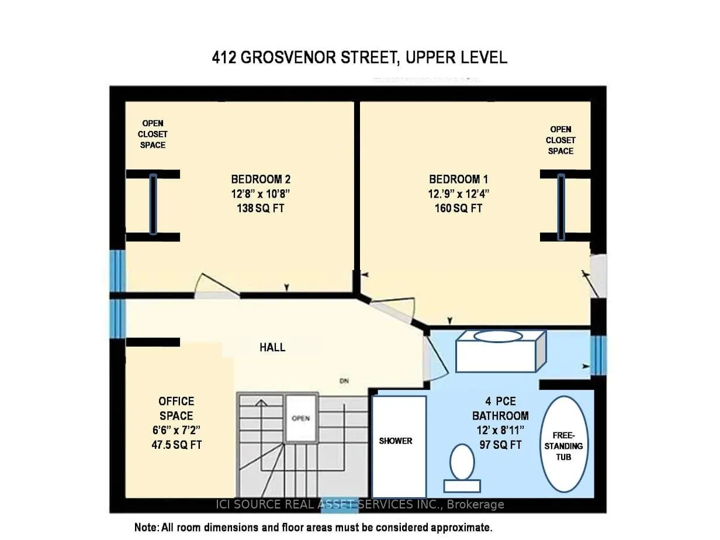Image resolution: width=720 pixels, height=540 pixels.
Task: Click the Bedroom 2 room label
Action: click(x=258, y=179)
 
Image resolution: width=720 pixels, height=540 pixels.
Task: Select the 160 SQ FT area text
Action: click(x=456, y=208)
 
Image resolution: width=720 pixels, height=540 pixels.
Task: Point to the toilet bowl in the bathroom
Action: click(x=462, y=462)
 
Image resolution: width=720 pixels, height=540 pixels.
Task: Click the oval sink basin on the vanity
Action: click(x=497, y=336)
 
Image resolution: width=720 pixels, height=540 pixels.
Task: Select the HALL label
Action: click(x=272, y=347)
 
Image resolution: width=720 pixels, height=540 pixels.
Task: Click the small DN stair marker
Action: click(x=344, y=382)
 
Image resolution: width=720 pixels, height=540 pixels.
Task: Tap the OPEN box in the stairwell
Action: click(x=300, y=418)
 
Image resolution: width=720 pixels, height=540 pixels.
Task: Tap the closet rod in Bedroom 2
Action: click(x=153, y=205)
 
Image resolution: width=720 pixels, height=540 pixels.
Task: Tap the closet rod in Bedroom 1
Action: click(x=561, y=206)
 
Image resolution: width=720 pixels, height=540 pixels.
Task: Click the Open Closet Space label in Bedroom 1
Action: click(x=560, y=140)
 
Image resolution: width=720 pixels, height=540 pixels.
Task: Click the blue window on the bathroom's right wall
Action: click(x=598, y=356)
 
